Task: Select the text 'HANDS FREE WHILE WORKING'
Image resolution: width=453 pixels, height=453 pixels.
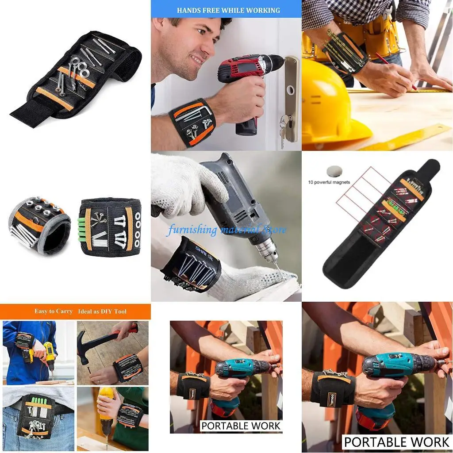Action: (x=228, y=10)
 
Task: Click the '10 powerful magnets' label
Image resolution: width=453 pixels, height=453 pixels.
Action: (x=329, y=182)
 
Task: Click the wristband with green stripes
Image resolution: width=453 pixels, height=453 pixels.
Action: (x=111, y=226)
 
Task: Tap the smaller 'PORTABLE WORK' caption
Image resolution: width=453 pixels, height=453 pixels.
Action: (x=241, y=426)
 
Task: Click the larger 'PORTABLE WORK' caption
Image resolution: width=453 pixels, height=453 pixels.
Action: (x=396, y=441)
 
